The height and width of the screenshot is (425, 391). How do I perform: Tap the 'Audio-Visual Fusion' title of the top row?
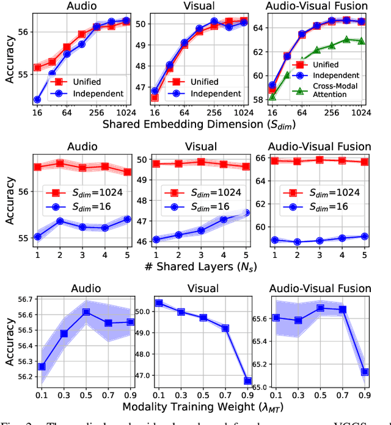pyautogui.click(x=317, y=6)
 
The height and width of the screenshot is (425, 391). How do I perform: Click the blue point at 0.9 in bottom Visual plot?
pyautogui.click(x=248, y=380)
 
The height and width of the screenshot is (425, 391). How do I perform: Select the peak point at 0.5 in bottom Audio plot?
pyautogui.click(x=86, y=312)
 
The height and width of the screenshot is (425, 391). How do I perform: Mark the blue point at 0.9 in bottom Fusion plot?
pyautogui.click(x=365, y=371)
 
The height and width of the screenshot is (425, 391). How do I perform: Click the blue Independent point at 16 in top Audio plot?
pyautogui.click(x=37, y=99)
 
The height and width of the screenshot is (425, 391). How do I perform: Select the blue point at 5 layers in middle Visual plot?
pyautogui.click(x=247, y=213)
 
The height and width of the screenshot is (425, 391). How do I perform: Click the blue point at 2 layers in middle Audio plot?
pyautogui.click(x=60, y=221)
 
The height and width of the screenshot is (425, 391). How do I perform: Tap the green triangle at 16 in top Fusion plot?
pyautogui.click(x=272, y=96)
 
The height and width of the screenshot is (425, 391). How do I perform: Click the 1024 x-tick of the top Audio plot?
pyautogui.click(x=126, y=113)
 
